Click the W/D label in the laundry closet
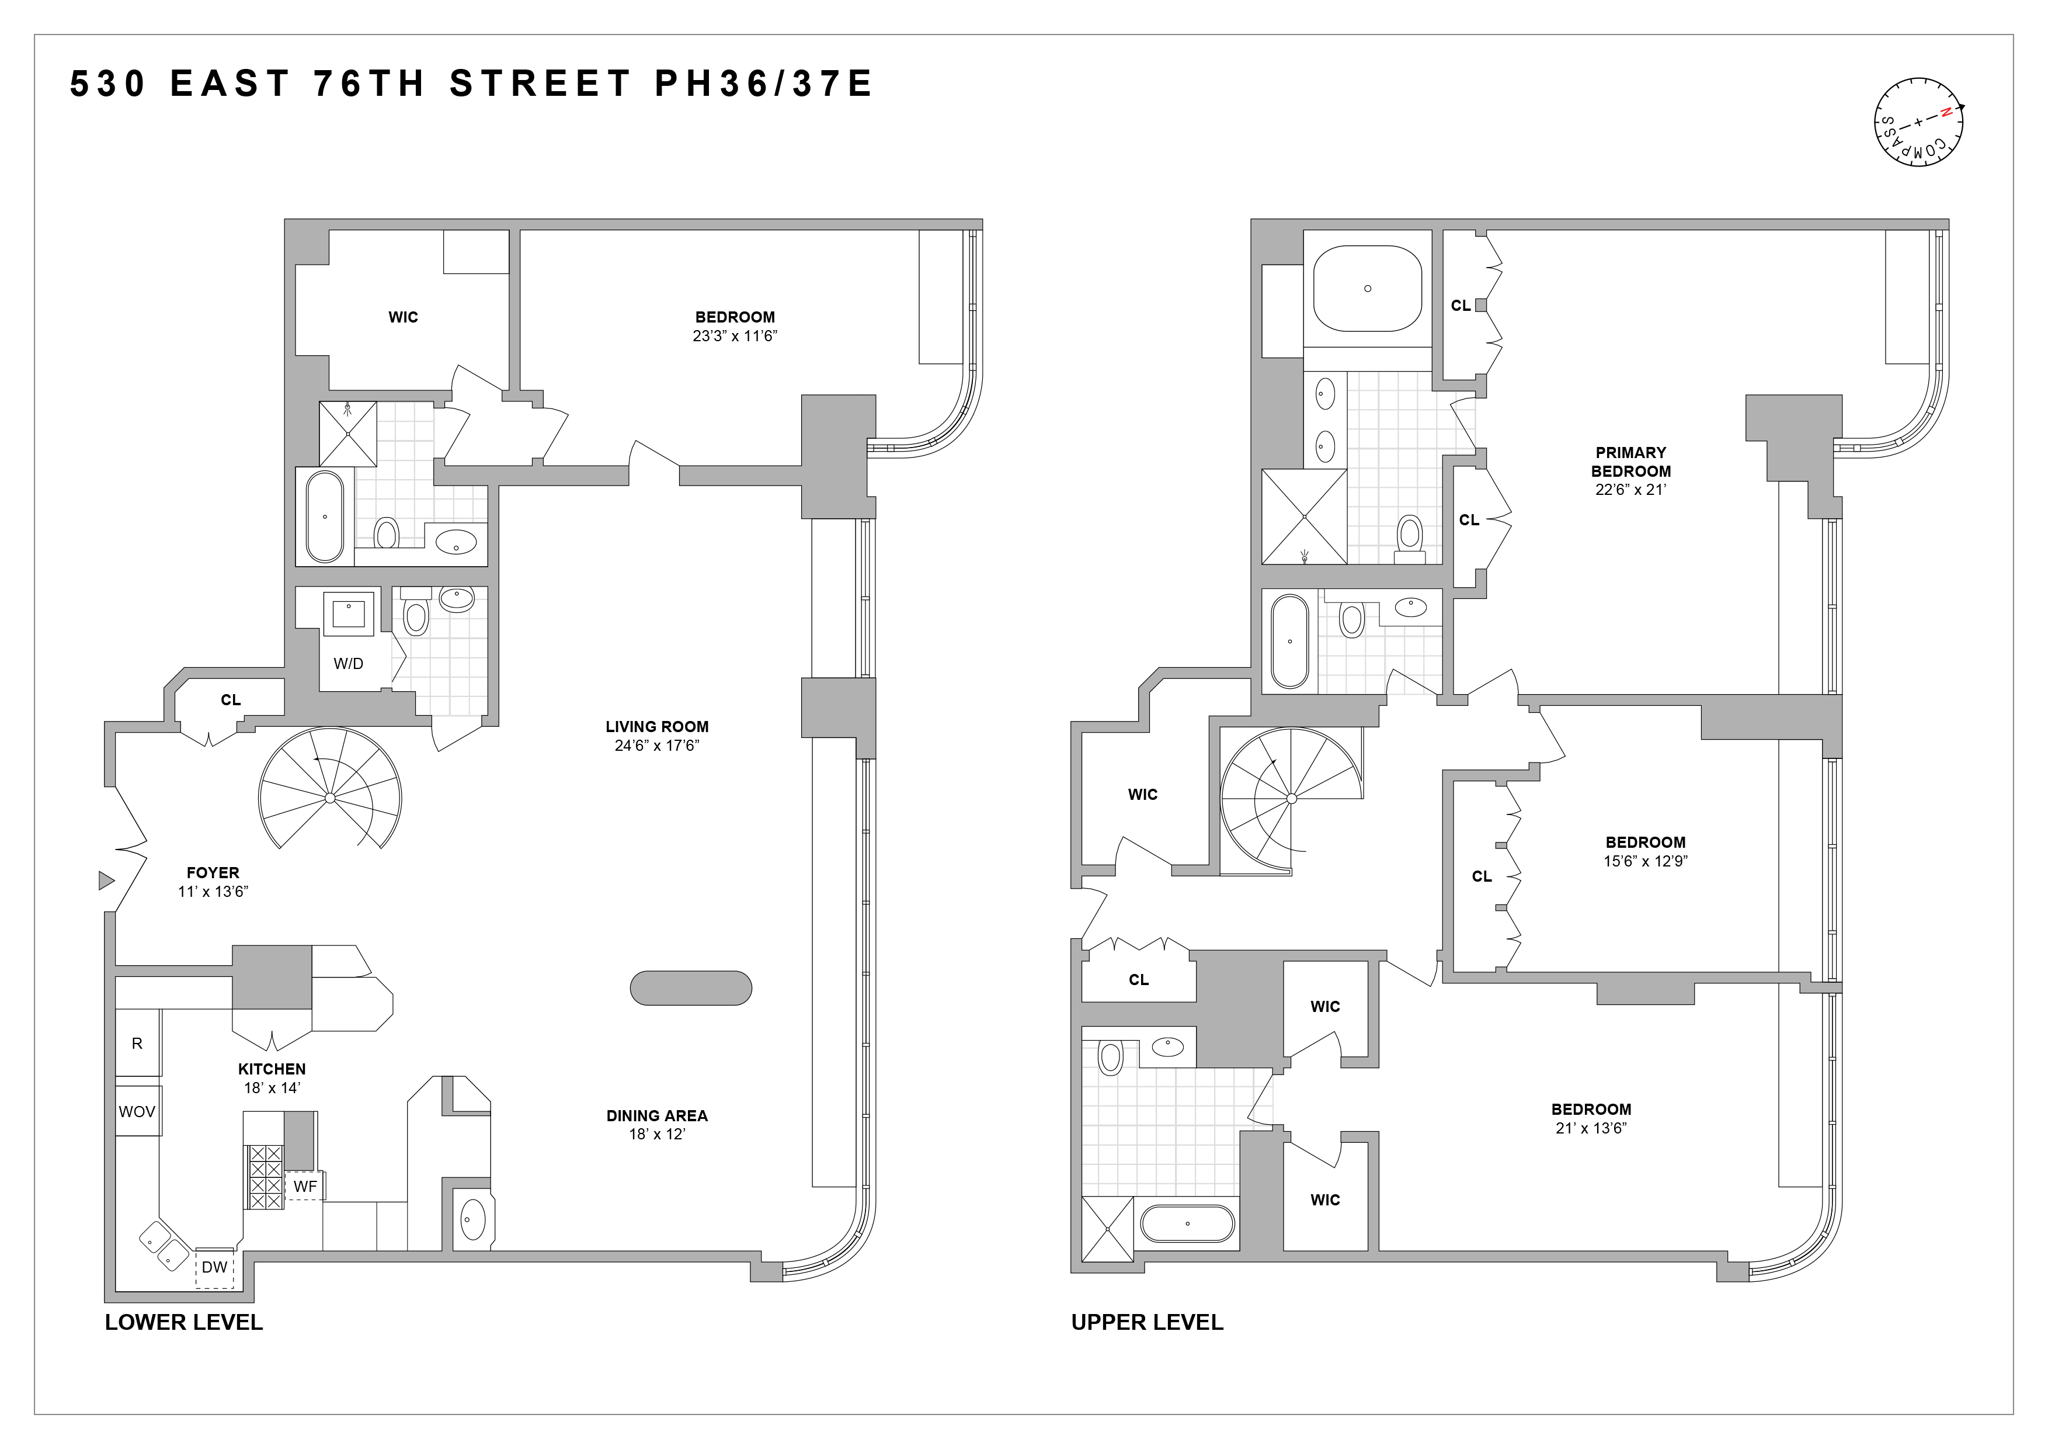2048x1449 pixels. coord(348,664)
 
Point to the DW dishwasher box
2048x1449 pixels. coord(214,1267)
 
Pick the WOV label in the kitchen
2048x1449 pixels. coord(137,1112)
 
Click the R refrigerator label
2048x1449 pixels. coord(137,1043)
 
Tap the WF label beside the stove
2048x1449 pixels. coord(305,1187)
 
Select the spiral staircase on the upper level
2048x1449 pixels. coord(1291,799)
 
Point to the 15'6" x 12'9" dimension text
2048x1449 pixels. coord(1645,861)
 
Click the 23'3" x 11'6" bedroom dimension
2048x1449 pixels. coord(735,337)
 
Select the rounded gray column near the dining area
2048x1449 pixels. coord(690,987)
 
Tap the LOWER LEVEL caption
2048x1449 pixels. coord(184,1322)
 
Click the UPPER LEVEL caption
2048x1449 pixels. coord(1147,1322)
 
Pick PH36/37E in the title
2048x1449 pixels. coord(763,84)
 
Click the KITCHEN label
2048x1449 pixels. coord(272,1069)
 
